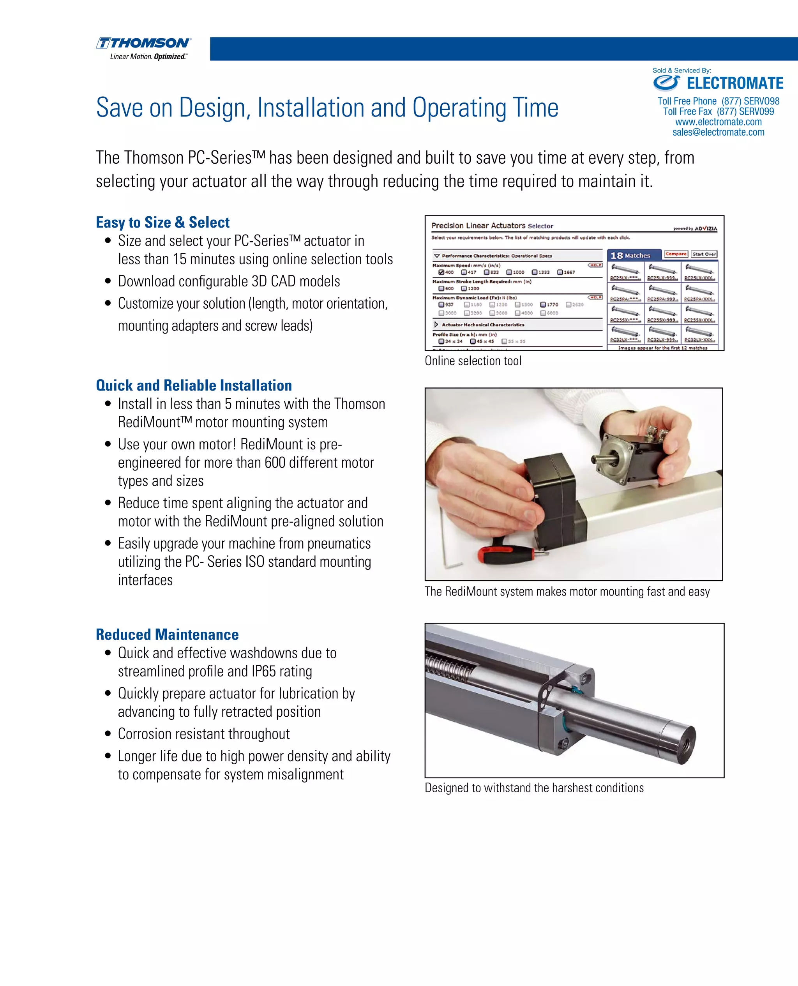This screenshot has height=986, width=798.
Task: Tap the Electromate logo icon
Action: pyautogui.click(x=666, y=83)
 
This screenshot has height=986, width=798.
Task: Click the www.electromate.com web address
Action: pyautogui.click(x=718, y=122)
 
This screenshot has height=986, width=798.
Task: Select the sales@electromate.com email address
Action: pyautogui.click(x=718, y=133)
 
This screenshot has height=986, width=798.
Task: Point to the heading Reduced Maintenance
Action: pyautogui.click(x=167, y=634)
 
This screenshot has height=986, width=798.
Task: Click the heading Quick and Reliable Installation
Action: pyautogui.click(x=194, y=385)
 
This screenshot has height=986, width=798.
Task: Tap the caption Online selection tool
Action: pyautogui.click(x=473, y=361)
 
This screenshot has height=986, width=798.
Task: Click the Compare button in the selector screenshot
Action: pyautogui.click(x=675, y=254)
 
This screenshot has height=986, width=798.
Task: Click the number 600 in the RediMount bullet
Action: pyautogui.click(x=275, y=463)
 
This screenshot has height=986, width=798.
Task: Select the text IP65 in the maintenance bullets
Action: pyautogui.click(x=263, y=671)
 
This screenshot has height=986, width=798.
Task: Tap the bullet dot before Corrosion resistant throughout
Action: pyautogui.click(x=108, y=733)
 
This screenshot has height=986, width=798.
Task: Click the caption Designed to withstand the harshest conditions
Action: pyautogui.click(x=534, y=788)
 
